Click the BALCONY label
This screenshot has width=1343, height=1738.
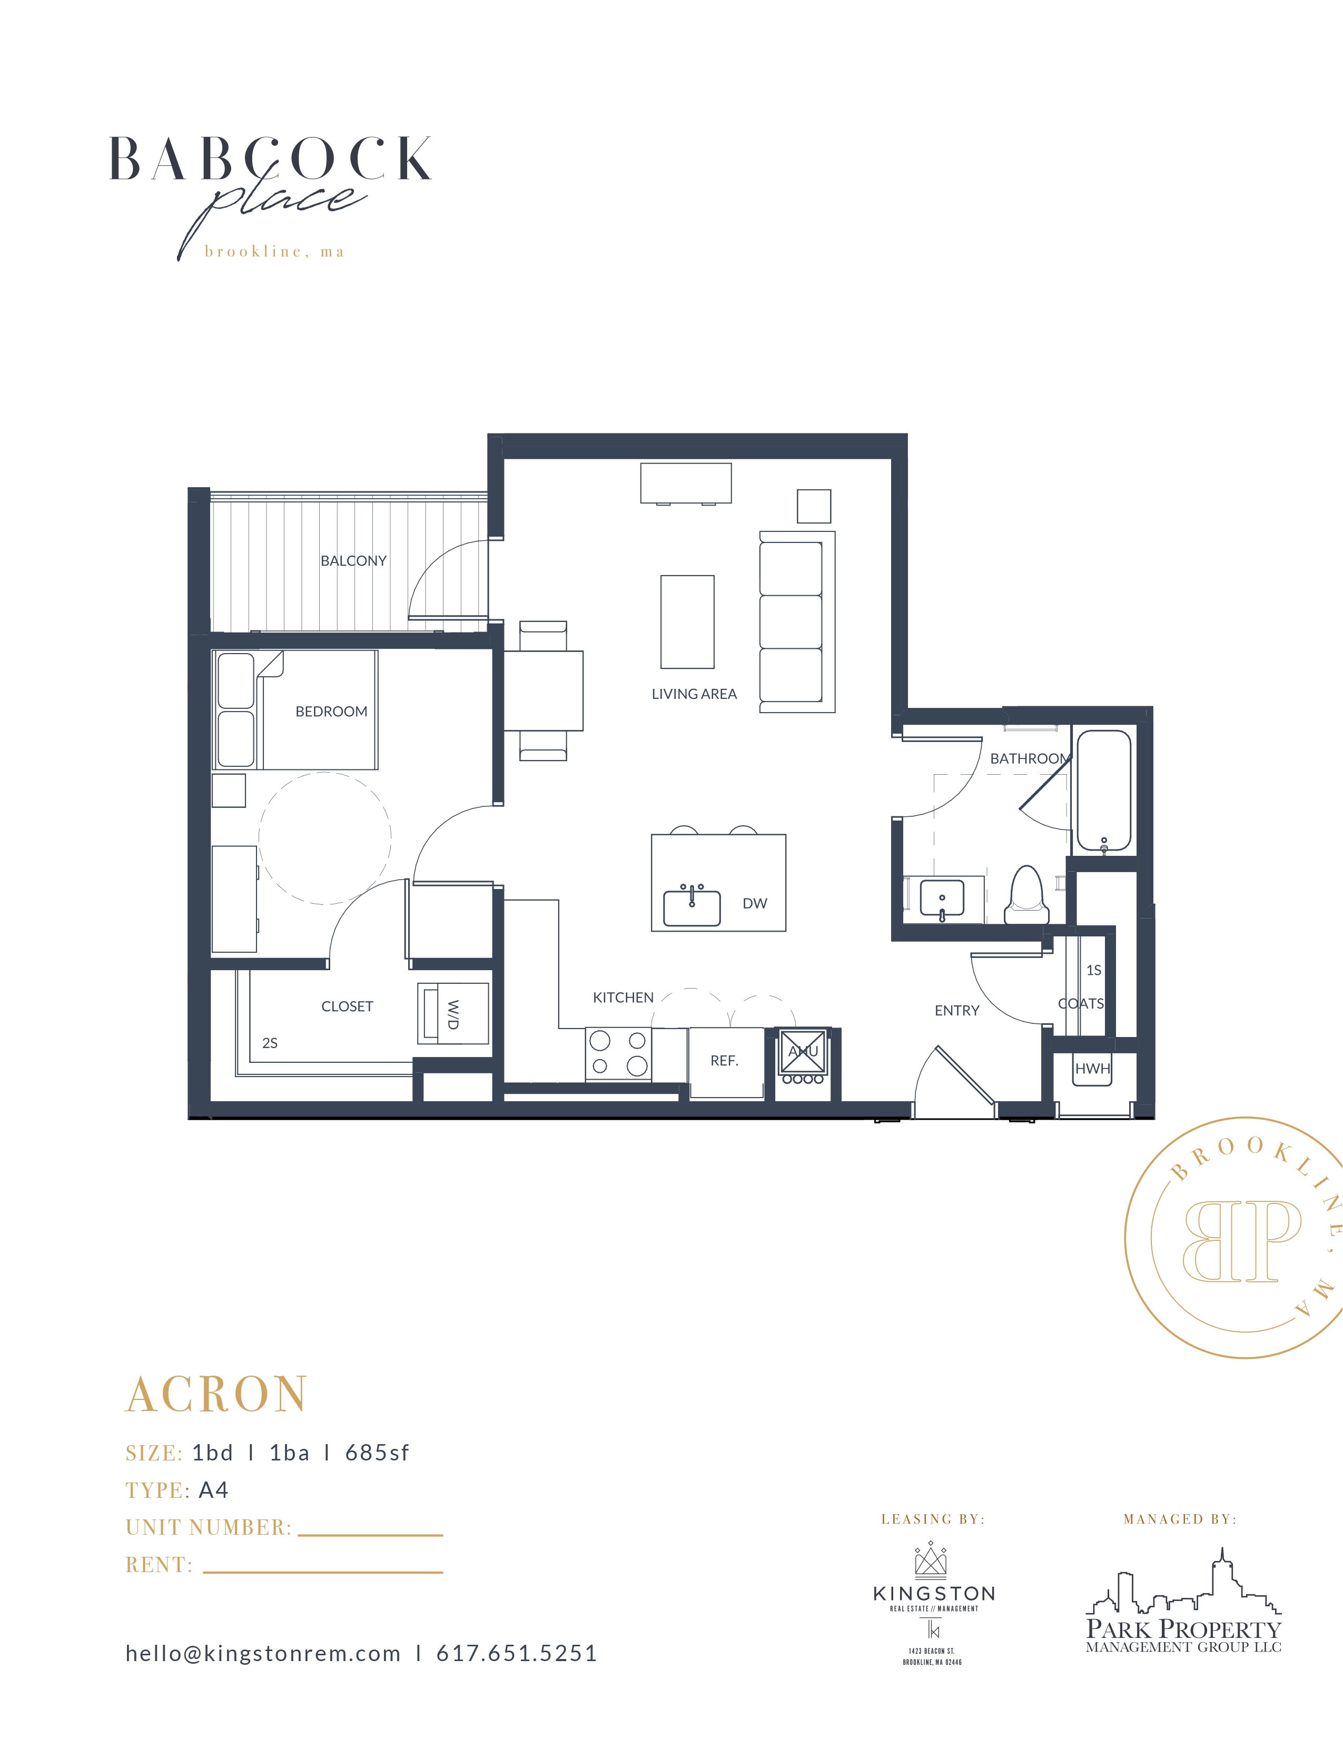point(353,561)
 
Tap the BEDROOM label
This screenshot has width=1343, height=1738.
point(331,712)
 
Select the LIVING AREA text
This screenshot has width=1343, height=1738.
point(694,694)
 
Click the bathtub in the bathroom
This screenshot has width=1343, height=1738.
point(1103,791)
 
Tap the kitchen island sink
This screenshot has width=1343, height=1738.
point(692,907)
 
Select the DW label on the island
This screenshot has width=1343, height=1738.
point(754,903)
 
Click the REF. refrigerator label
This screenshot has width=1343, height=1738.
point(724,1061)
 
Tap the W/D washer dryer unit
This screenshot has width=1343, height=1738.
point(452,1014)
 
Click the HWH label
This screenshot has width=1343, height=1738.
point(1092,1069)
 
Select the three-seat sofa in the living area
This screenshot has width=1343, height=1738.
point(796,621)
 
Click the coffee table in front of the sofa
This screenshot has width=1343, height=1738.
point(687,621)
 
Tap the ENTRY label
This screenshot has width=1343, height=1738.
point(956,1011)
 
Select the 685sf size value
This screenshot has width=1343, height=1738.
point(377,1453)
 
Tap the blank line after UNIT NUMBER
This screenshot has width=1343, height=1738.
point(370,1535)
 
